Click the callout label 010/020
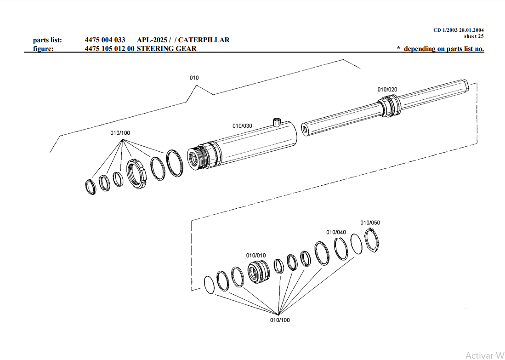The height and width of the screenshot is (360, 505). click(x=387, y=90)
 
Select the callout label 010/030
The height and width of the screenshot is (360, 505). click(x=242, y=126)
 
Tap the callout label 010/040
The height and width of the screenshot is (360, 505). click(x=336, y=232)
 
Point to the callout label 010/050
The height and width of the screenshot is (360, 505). click(x=370, y=223)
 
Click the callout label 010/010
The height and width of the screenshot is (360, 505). click(x=256, y=255)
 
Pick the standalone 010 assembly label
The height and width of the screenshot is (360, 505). click(x=194, y=78)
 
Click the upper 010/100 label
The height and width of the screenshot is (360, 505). click(x=120, y=133)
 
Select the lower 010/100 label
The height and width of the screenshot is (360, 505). click(x=280, y=320)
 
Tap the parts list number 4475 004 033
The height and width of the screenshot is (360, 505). click(x=105, y=40)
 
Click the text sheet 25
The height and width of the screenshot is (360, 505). click(x=473, y=36)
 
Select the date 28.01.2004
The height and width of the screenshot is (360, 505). click(x=469, y=30)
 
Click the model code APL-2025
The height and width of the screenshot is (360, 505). click(x=152, y=40)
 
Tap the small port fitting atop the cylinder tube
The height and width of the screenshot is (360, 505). click(x=276, y=122)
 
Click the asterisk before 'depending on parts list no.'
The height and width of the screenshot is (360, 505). click(x=398, y=48)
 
